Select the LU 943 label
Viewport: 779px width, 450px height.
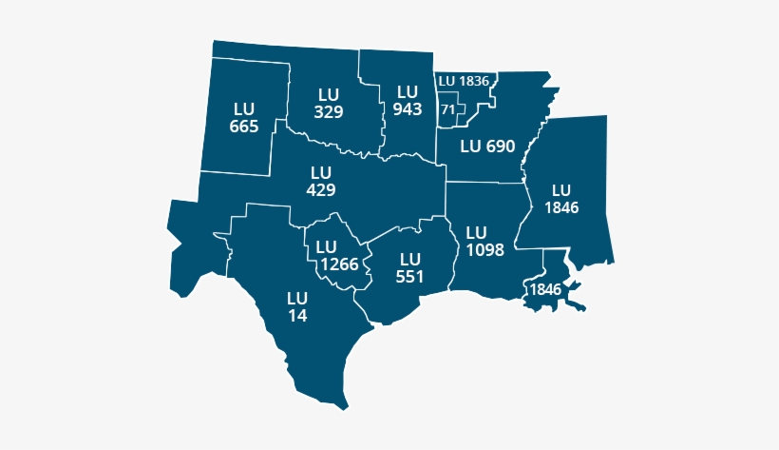[408, 100]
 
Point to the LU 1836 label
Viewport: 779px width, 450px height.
[464, 81]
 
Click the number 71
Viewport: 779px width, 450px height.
[447, 109]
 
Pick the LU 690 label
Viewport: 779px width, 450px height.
[486, 147]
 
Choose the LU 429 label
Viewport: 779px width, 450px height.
[320, 181]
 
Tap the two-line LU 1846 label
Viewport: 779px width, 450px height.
[562, 198]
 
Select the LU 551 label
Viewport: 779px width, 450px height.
[409, 267]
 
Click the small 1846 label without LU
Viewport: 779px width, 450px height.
[545, 289]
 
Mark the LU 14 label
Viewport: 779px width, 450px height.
[297, 306]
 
